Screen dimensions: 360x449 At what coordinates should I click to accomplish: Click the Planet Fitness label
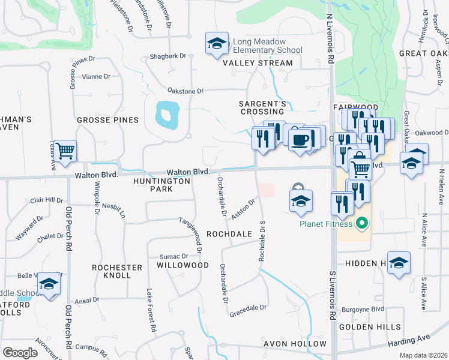tap(327, 225)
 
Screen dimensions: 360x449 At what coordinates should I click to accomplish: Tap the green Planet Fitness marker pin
tap(361, 225)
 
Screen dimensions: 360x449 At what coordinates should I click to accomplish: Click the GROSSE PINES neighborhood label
tap(107, 120)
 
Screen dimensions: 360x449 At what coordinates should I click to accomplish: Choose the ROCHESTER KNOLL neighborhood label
tap(117, 271)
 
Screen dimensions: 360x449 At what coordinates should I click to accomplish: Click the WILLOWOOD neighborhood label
tap(182, 265)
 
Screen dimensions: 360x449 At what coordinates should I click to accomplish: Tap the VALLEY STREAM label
tap(258, 63)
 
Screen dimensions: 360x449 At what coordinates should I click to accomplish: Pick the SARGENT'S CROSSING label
tap(261, 107)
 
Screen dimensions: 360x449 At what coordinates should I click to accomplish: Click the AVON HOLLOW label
tap(295, 344)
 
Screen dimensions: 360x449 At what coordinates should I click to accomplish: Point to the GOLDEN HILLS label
tap(370, 327)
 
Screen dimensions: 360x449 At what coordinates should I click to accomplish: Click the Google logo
tap(20, 353)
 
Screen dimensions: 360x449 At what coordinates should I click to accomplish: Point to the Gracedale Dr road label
tap(247, 308)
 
